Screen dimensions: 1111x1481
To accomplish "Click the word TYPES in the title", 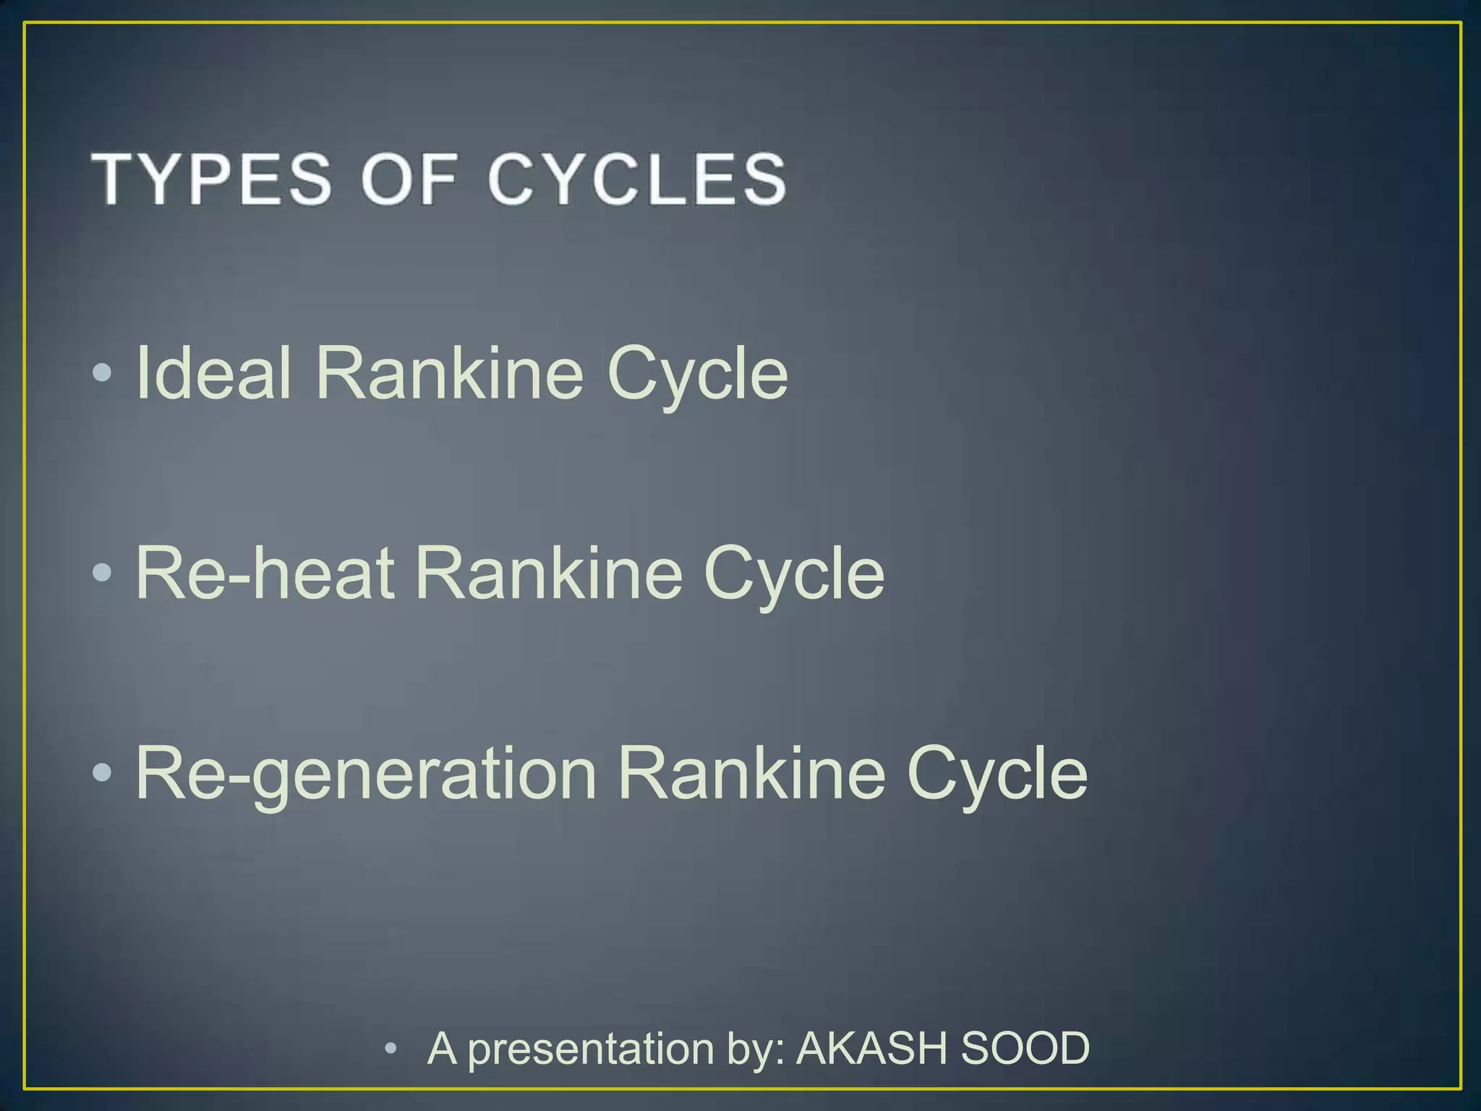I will pyautogui.click(x=210, y=179).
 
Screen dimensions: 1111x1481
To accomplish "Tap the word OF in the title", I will pyautogui.click(x=410, y=179).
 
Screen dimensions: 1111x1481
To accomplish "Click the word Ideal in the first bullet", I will pyautogui.click(x=213, y=373).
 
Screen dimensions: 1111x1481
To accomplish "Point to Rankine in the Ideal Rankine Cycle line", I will pyautogui.click(x=449, y=373).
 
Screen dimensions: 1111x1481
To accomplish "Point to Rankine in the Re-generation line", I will pyautogui.click(x=751, y=773).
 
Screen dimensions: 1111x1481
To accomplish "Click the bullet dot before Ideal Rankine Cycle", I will pyautogui.click(x=102, y=373).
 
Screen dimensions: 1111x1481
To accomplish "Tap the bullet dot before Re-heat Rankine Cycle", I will pyautogui.click(x=102, y=574).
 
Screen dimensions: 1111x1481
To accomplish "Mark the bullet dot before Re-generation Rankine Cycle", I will pyautogui.click(x=102, y=773).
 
